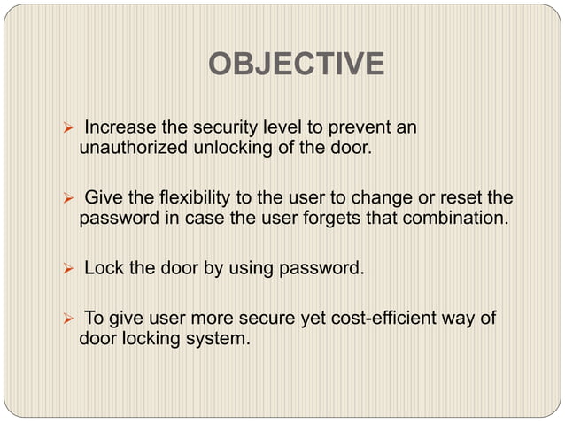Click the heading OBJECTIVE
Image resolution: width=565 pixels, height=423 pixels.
click(x=296, y=65)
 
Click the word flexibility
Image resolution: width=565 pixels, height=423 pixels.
click(x=186, y=196)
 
